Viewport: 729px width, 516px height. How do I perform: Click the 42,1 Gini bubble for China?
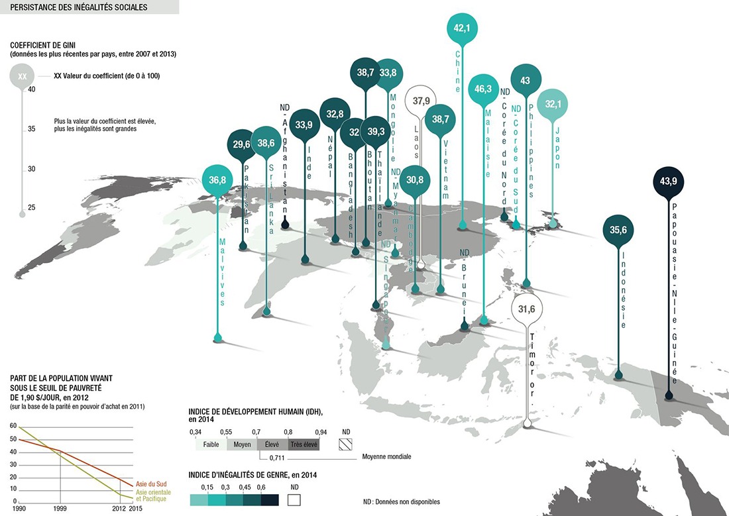point(461,28)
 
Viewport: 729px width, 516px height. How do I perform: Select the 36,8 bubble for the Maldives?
point(218,180)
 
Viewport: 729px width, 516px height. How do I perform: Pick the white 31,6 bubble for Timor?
point(528,309)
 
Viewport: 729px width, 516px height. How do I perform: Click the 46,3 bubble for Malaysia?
point(483,88)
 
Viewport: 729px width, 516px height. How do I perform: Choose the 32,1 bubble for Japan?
point(553,105)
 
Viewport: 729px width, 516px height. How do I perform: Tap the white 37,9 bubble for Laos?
point(421,101)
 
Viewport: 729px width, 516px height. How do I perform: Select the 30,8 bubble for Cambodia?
point(415,180)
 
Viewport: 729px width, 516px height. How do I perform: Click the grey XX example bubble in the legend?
point(23,76)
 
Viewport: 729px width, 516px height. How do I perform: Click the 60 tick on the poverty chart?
point(14,427)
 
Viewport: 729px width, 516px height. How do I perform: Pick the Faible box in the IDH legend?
point(211,445)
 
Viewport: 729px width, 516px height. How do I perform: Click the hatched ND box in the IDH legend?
point(346,445)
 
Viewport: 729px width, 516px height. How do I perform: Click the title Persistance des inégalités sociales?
point(80,8)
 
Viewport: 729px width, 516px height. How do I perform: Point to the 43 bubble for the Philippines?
point(526,80)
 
